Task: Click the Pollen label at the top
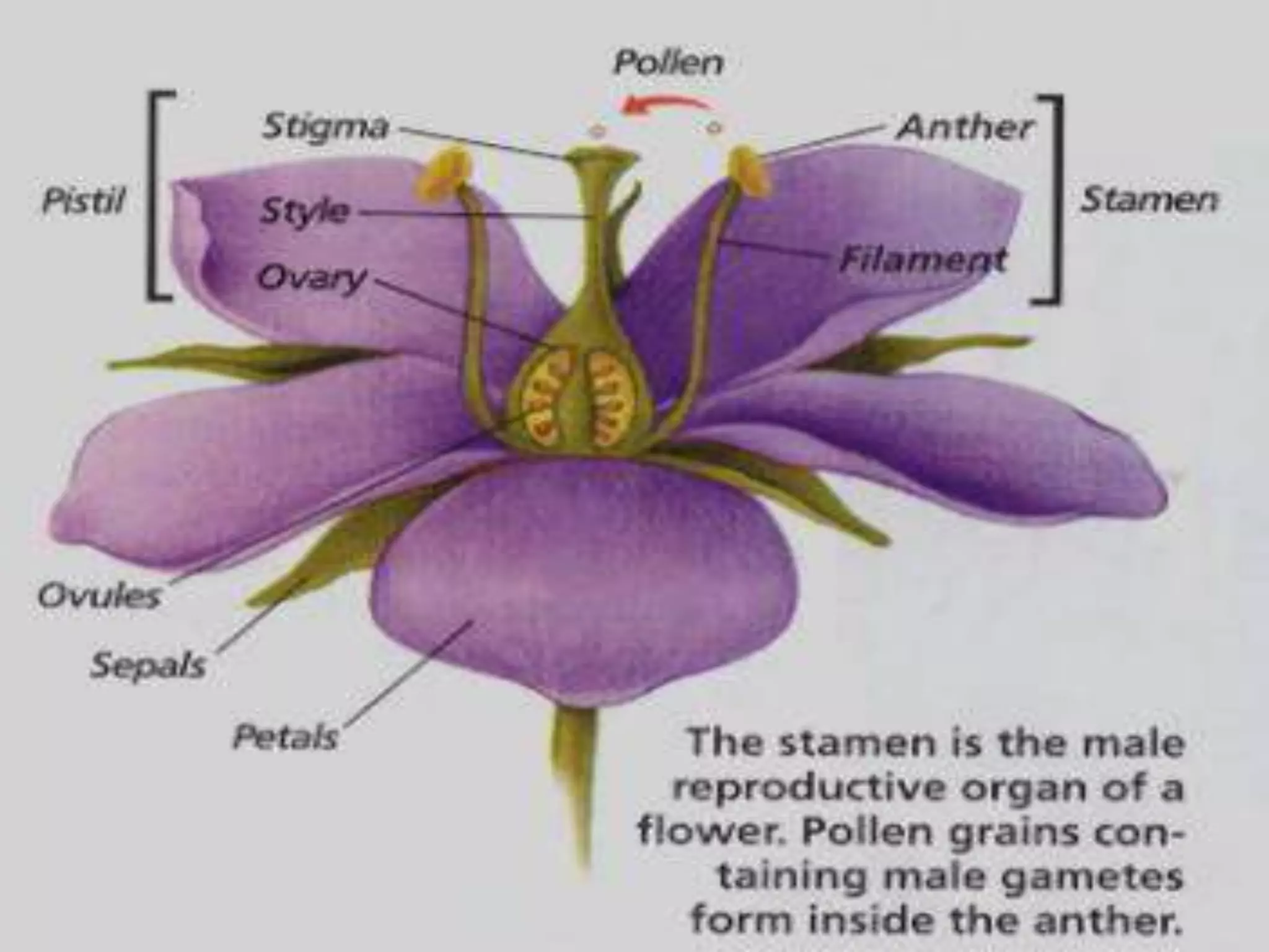pos(668,64)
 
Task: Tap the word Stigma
pos(325,127)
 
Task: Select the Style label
pos(304,211)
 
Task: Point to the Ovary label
pos(312,279)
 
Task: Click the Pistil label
pos(84,201)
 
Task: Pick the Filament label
pos(922,260)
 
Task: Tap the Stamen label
pos(1148,200)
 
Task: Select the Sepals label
pos(147,666)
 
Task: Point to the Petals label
pos(285,738)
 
